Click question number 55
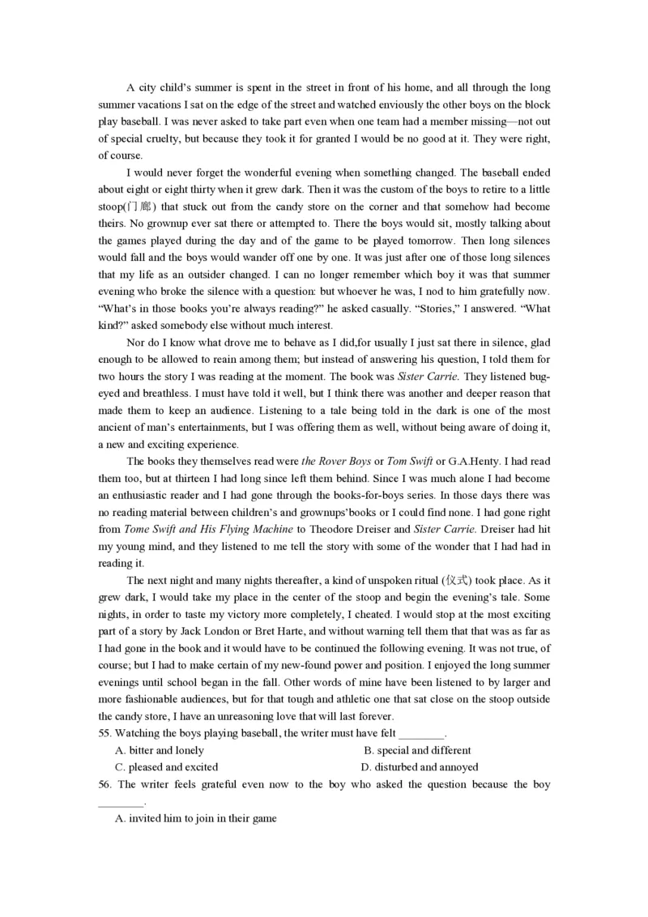click(104, 733)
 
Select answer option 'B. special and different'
click(417, 750)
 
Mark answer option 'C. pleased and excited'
click(166, 767)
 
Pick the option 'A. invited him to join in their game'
click(196, 818)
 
